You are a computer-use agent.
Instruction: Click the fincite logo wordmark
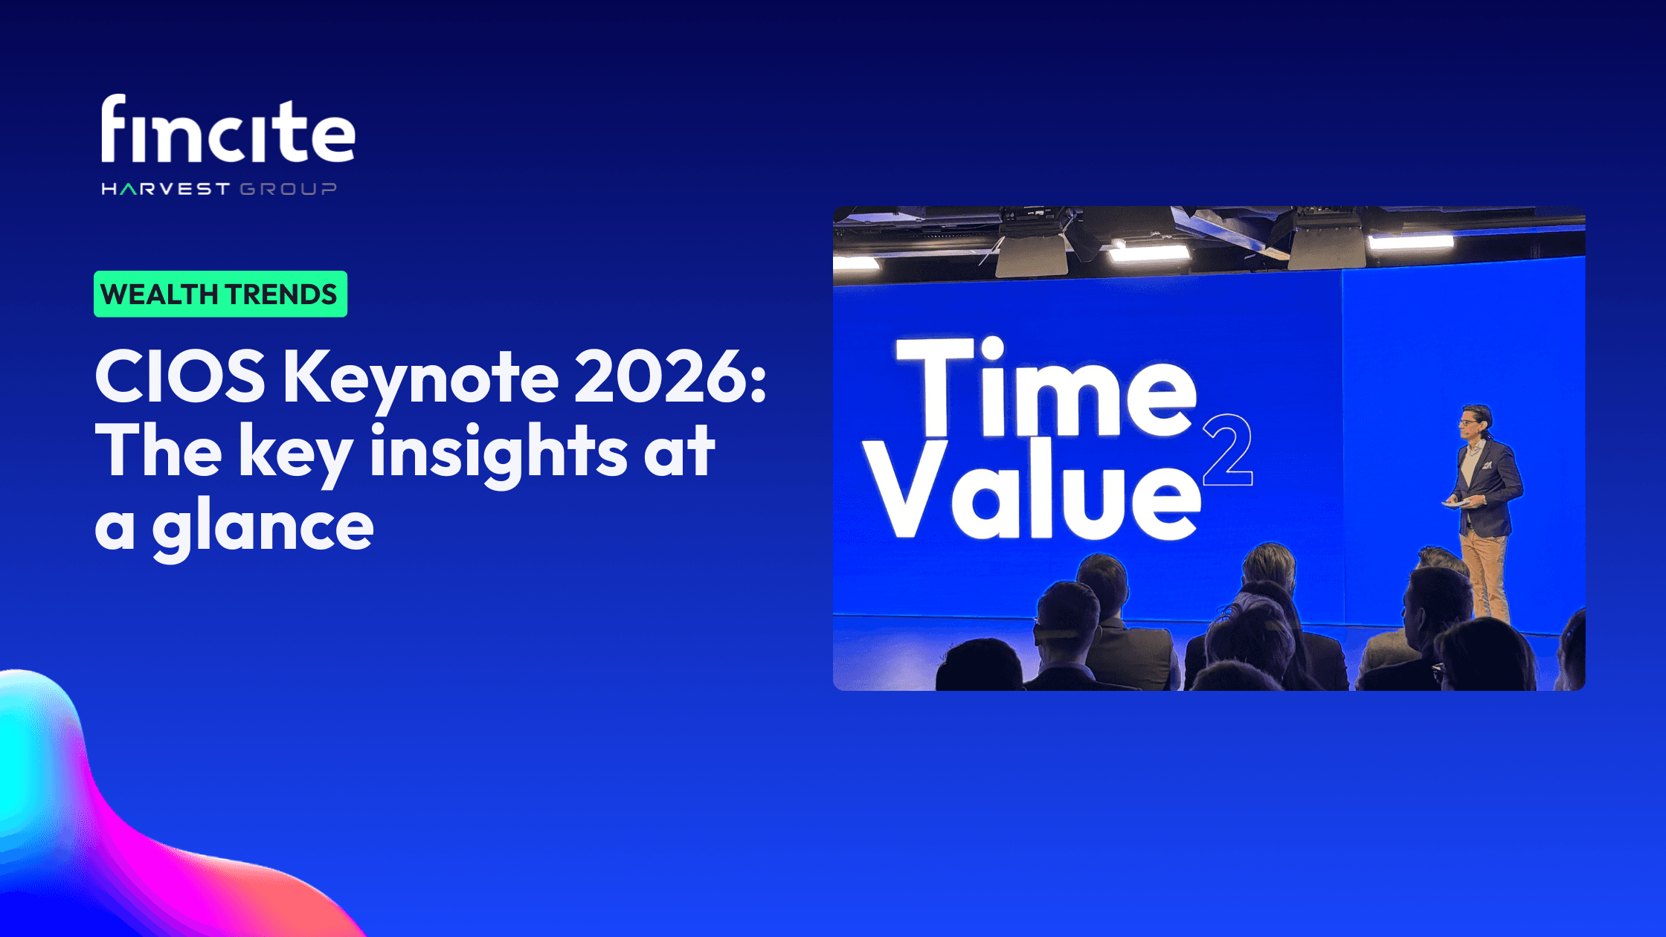[228, 130]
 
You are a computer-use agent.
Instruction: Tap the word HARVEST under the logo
[165, 189]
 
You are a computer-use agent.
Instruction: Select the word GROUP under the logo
[288, 189]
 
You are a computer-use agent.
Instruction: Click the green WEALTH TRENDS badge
[220, 294]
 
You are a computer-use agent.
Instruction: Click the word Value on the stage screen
[1034, 491]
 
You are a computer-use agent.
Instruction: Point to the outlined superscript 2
[1227, 450]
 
